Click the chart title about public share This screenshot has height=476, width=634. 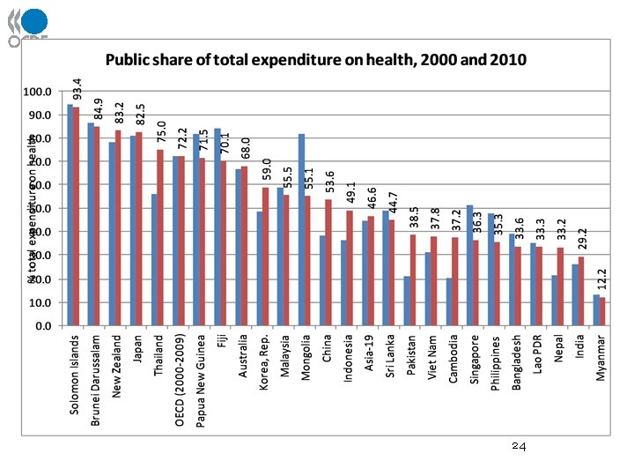[316, 60]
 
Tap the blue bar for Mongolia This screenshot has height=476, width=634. [301, 229]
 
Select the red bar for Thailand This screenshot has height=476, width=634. [159, 238]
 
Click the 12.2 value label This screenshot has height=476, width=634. [603, 280]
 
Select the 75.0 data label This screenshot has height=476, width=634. [161, 131]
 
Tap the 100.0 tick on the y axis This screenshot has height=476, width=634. [36, 92]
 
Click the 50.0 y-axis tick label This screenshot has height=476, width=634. [39, 209]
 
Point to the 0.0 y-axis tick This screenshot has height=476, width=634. [41, 326]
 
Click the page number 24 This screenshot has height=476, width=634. [519, 448]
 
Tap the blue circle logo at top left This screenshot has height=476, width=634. [35, 22]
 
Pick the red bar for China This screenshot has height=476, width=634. [328, 263]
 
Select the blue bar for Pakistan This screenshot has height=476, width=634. [407, 301]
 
